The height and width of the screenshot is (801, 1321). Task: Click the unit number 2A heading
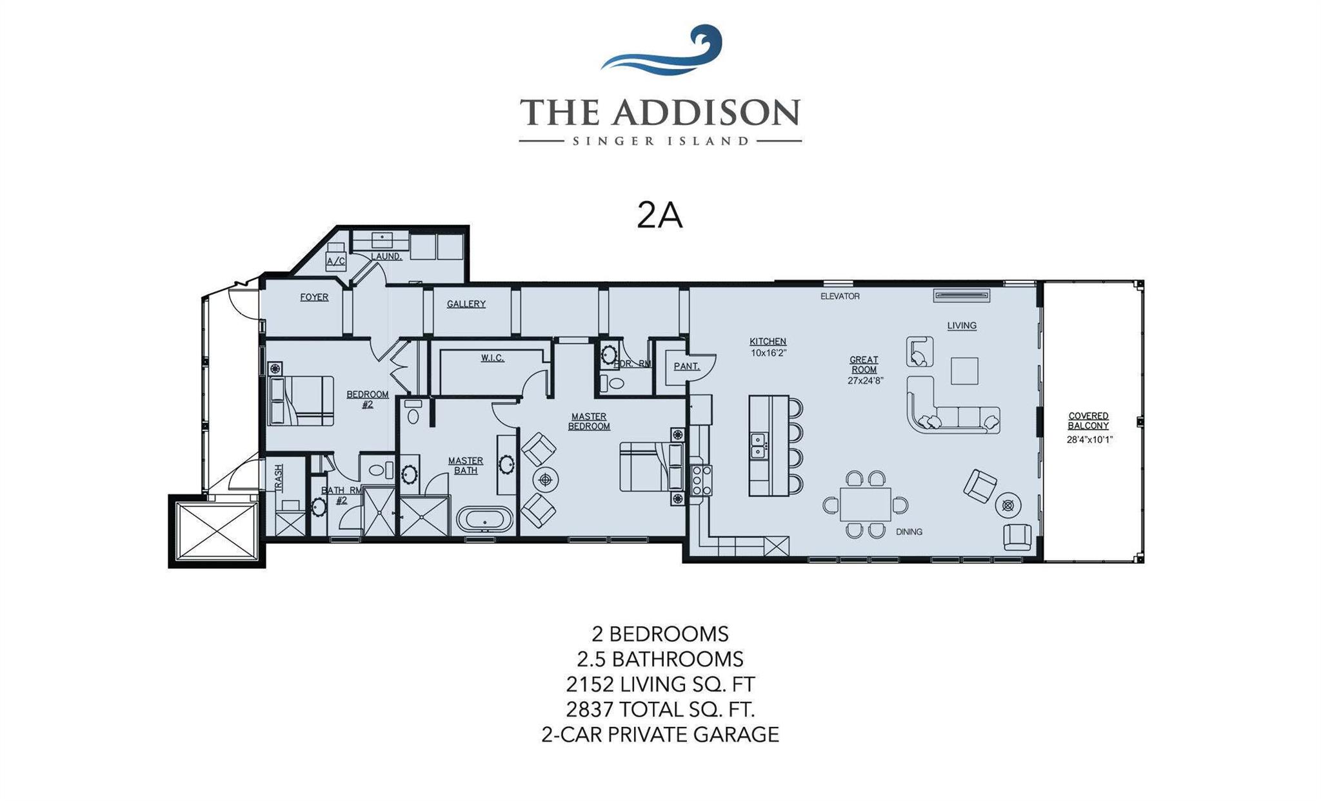(659, 215)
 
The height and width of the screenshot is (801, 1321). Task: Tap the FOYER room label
(314, 297)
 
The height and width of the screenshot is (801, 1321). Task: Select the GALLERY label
(466, 304)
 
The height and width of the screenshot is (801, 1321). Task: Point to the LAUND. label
(386, 256)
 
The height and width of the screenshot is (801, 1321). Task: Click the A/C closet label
(335, 261)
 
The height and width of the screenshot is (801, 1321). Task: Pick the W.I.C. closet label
(492, 358)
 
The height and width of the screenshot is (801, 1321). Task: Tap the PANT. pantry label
(686, 366)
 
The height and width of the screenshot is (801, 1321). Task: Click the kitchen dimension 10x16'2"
(768, 353)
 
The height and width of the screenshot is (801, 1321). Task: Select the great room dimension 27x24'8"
(864, 380)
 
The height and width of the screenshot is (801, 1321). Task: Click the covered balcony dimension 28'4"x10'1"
(1089, 439)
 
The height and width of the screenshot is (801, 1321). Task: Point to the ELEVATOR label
(839, 296)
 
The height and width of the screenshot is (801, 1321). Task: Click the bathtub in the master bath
(484, 519)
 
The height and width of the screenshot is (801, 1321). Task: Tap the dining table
(865, 505)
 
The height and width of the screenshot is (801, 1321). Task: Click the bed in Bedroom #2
(302, 401)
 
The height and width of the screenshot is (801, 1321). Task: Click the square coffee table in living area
(964, 371)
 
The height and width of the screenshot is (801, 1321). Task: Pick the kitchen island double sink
(758, 445)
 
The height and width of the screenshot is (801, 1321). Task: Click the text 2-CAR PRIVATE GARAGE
(660, 735)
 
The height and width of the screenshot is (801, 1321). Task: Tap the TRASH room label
(279, 478)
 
